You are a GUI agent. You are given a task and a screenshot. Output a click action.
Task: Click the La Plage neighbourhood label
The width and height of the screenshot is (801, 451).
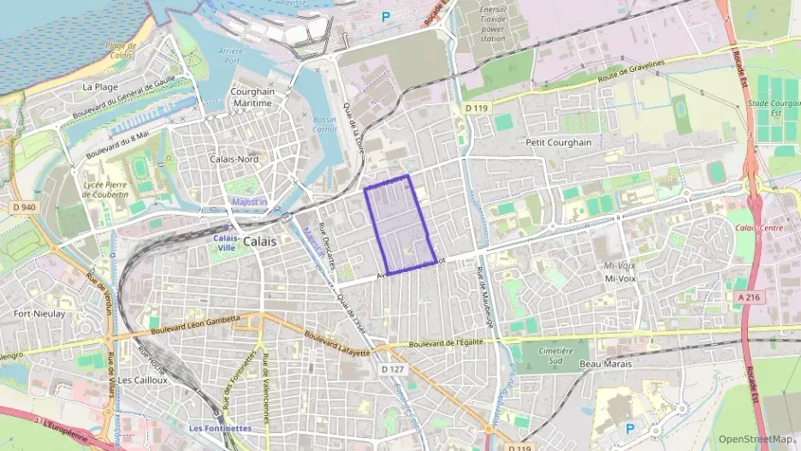point(100,86)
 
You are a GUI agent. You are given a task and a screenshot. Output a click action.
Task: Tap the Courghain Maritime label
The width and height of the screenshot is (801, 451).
point(252,97)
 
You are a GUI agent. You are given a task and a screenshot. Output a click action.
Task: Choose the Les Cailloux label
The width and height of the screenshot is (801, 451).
point(143,379)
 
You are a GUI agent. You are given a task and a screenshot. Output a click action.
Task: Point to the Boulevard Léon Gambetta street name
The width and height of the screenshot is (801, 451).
point(196,326)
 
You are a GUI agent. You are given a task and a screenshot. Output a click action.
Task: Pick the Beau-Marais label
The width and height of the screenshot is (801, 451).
point(604,364)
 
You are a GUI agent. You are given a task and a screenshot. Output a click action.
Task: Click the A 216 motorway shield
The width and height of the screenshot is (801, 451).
point(748,296)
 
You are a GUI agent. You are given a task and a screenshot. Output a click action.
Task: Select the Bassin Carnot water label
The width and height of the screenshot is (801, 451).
point(325,125)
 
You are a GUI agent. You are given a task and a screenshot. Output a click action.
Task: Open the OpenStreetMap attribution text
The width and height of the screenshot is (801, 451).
point(755,439)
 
